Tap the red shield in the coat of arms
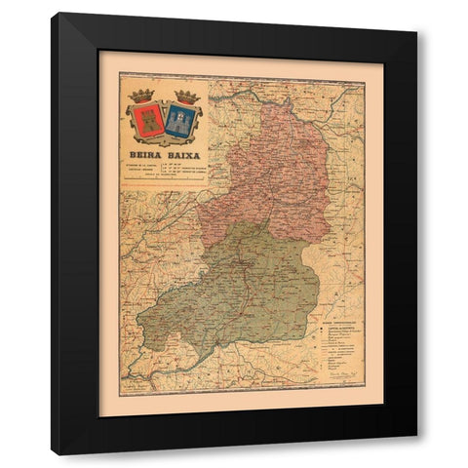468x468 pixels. tap(146, 120)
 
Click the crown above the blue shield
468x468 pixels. tap(184, 96)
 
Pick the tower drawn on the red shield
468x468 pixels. tap(146, 120)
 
